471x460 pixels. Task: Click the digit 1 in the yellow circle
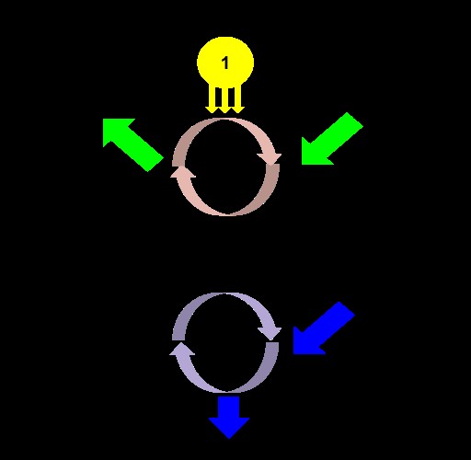[x=225, y=63]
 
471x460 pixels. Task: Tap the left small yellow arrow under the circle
[x=211, y=98]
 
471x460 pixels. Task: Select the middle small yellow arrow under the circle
[x=224, y=99]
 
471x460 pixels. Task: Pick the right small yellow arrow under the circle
[x=239, y=98]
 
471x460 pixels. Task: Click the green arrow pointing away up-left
[x=132, y=144]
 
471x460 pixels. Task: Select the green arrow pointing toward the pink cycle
[x=332, y=139]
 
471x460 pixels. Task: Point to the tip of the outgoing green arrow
[x=103, y=120]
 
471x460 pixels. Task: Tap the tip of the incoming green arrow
[x=302, y=164]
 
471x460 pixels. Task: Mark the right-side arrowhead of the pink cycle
[x=270, y=158]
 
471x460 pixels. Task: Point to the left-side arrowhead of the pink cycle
[x=183, y=172]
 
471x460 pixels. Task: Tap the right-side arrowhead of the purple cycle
[x=270, y=333]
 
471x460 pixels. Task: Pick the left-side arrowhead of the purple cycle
[x=182, y=349]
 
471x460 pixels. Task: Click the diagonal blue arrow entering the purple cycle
[x=324, y=328]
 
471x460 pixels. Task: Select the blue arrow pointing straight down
[x=229, y=417]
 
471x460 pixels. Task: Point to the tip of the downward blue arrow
[x=229, y=438]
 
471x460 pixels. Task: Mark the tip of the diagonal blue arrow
[x=293, y=353]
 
